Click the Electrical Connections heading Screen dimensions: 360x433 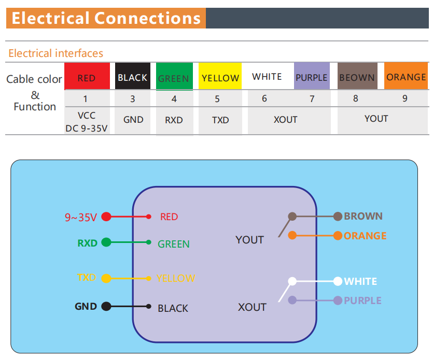[106, 18]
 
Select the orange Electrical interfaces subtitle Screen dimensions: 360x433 [55, 53]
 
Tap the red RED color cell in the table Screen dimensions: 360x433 [87, 77]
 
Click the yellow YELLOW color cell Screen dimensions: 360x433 [220, 77]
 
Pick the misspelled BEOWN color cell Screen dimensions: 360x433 [357, 77]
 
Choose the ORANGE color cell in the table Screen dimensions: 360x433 [406, 77]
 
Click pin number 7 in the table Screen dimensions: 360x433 [312, 98]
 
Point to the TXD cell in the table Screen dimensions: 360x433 [220, 120]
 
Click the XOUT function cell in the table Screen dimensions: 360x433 [285, 120]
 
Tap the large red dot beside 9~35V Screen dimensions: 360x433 [106, 217]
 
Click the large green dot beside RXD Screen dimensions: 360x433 [106, 242]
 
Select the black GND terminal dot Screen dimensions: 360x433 [106, 306]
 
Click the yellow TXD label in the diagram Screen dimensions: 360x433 [87, 278]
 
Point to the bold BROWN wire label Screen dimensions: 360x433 [363, 216]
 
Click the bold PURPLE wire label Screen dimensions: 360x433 [362, 300]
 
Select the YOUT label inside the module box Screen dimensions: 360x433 [249, 240]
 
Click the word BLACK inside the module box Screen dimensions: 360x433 [173, 308]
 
